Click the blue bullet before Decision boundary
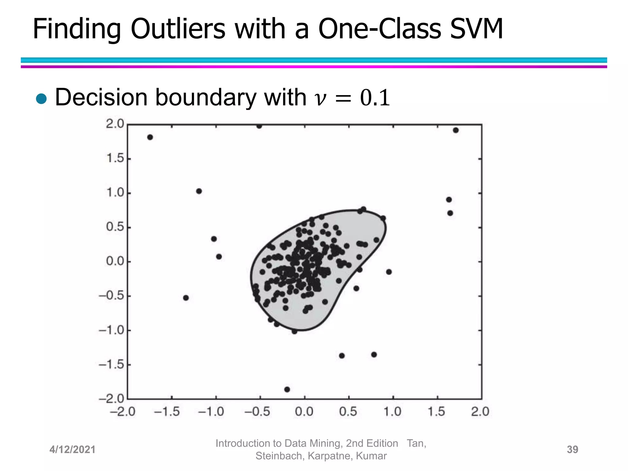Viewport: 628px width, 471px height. coord(41,99)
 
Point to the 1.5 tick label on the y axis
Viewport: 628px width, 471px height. coord(115,159)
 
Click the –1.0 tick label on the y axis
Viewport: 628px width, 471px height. coord(111,330)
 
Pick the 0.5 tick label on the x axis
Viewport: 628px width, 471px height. coord(348,412)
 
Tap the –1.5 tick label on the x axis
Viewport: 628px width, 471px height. coord(167,412)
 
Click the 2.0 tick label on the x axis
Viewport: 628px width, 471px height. coord(480,412)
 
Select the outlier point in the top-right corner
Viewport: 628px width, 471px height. coord(456,130)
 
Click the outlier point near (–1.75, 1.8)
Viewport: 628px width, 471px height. coord(150,137)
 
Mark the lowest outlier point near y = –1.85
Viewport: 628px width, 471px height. coord(287,389)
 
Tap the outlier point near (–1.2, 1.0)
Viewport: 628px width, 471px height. coord(199,191)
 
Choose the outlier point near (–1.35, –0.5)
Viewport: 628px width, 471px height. coord(186,298)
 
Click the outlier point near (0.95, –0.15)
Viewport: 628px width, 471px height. coord(389,272)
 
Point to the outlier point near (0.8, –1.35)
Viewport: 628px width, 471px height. coord(374,354)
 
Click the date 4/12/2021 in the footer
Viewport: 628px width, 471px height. coord(72,450)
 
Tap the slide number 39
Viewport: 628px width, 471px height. coord(572,450)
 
